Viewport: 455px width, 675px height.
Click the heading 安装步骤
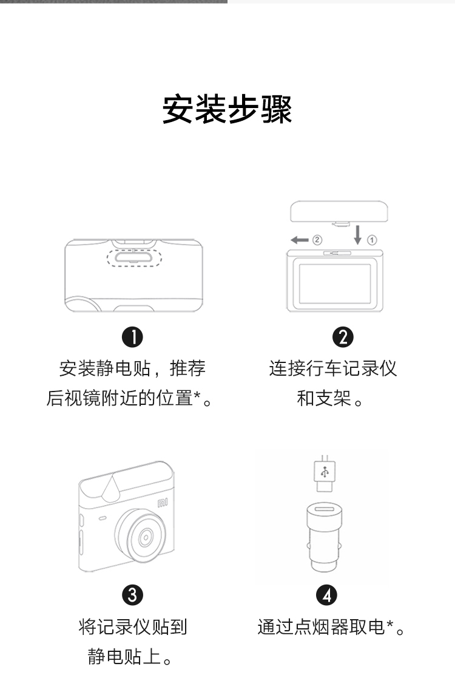227,109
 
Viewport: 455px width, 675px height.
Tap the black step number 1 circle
132,337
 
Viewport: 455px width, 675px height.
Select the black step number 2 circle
343,337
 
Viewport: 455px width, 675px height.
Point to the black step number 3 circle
132,595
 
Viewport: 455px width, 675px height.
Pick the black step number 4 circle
327,595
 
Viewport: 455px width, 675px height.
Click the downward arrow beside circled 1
357,235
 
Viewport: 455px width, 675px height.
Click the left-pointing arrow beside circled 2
299,240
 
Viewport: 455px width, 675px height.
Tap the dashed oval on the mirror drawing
134,257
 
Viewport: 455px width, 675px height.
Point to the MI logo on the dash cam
163,503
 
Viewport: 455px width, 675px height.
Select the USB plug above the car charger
325,473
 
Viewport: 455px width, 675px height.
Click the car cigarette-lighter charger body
325,537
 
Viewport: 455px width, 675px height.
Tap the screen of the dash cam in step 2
335,283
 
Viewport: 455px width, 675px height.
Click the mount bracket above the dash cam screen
339,212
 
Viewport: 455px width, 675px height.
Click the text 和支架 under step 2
324,398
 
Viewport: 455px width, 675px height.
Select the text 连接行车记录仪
333,368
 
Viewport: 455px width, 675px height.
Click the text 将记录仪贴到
132,627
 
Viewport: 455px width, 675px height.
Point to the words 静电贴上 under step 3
124,657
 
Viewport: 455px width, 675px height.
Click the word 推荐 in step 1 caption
187,368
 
